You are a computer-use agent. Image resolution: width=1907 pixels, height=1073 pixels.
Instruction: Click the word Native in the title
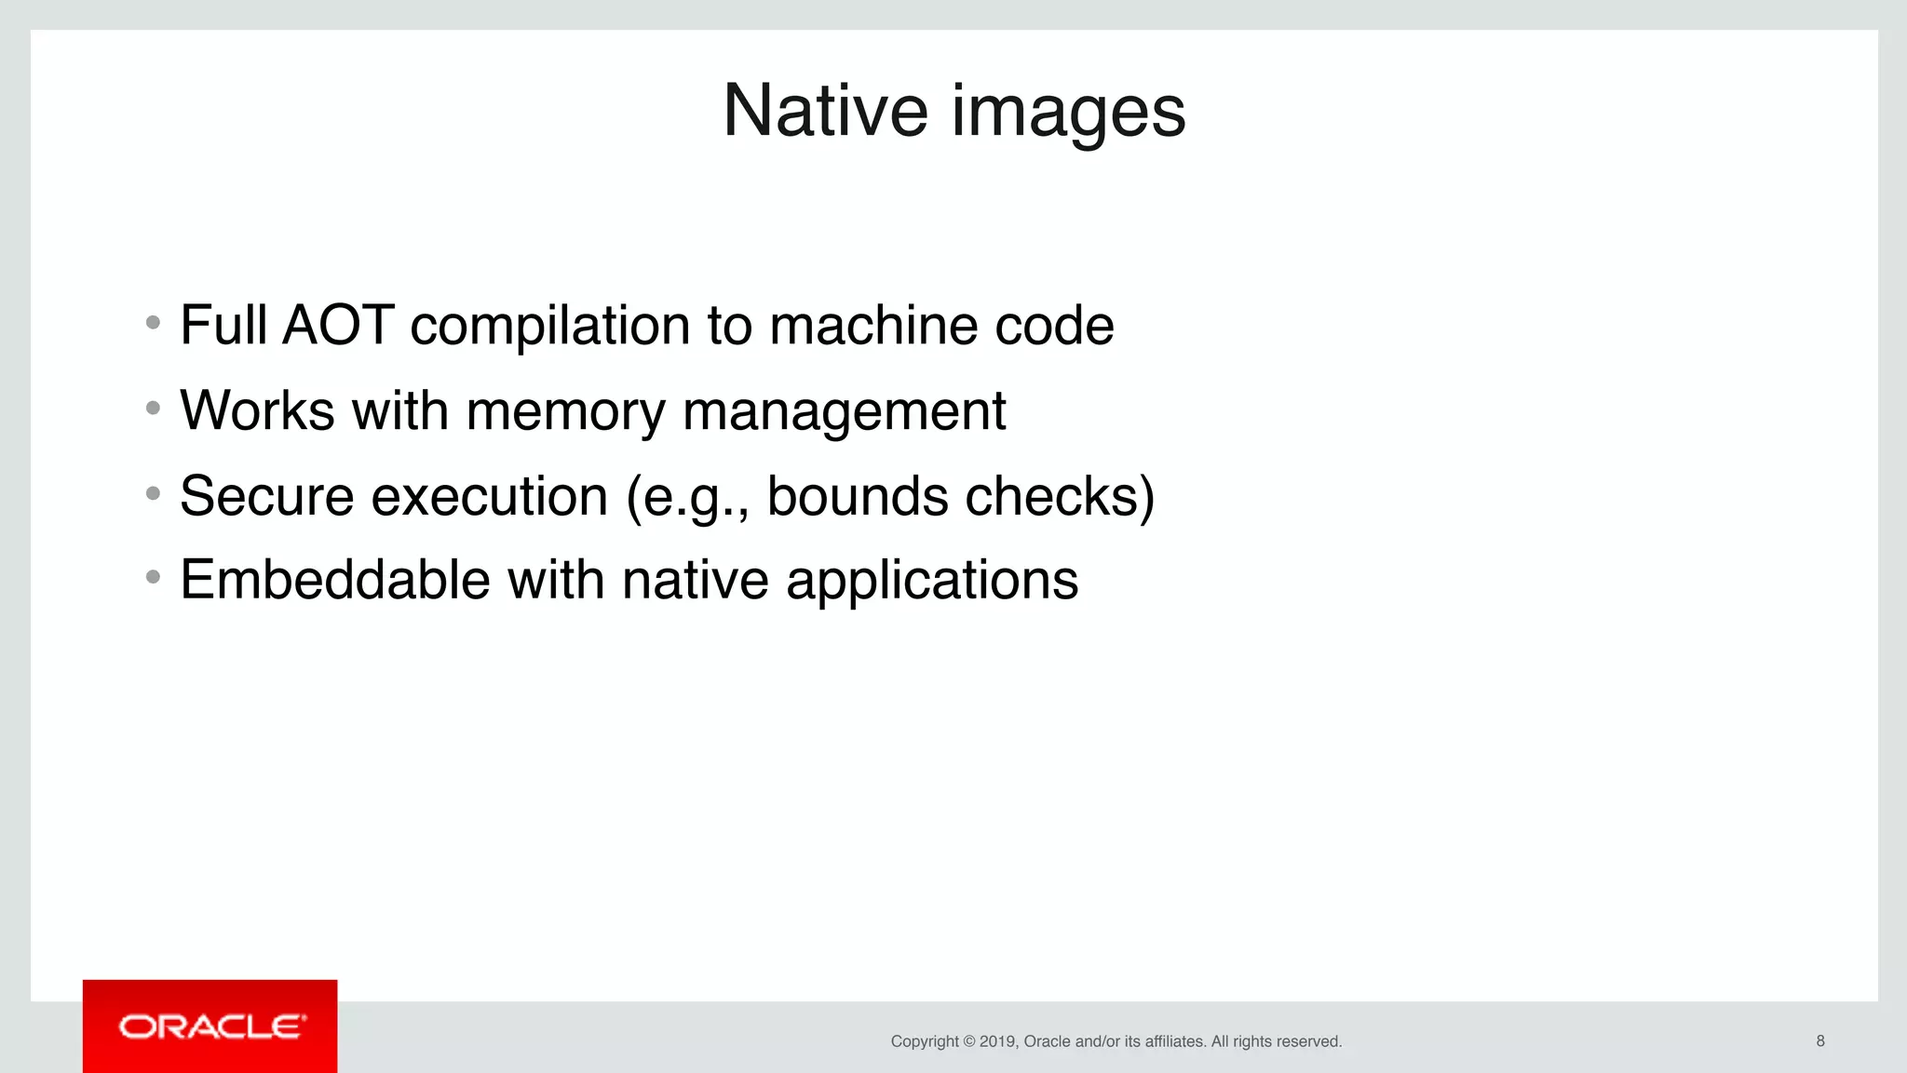point(825,111)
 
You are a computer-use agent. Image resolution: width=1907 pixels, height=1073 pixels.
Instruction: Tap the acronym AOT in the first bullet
point(338,325)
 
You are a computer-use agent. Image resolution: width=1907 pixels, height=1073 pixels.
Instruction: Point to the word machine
point(872,325)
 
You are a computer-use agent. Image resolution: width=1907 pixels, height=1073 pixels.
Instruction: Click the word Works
point(257,410)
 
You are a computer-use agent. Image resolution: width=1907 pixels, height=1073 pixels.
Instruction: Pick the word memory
point(565,412)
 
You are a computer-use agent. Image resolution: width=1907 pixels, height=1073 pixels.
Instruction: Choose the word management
point(844,412)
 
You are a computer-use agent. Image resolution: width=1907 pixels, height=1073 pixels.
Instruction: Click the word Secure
point(266,496)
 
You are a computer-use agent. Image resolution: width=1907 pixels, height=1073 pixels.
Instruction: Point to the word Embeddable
point(335,580)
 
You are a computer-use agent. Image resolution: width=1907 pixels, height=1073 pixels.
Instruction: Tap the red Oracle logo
point(210,1026)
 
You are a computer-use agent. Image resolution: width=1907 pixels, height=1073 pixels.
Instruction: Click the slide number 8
point(1820,1040)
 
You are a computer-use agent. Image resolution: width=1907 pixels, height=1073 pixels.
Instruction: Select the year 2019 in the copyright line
point(996,1041)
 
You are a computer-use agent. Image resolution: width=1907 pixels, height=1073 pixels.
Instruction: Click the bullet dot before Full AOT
point(154,323)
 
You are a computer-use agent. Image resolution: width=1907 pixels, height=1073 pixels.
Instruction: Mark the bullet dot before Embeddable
point(154,578)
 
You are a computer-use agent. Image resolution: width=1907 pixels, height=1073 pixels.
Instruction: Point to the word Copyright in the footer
point(925,1041)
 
